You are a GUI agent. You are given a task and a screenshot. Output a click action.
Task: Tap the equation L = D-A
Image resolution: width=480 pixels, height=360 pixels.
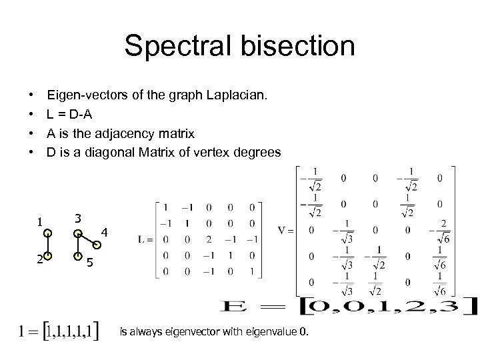[74, 115]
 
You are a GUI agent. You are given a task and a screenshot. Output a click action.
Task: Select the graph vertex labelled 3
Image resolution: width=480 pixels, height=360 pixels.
[78, 234]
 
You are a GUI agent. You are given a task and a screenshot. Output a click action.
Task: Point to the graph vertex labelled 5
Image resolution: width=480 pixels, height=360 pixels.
[78, 256]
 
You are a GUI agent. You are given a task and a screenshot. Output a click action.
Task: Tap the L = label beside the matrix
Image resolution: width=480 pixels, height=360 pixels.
[145, 239]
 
